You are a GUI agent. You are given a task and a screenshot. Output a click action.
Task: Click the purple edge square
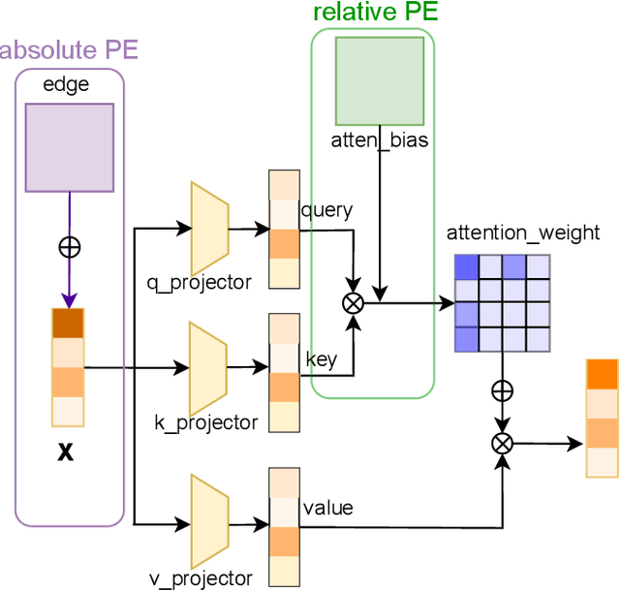(69, 145)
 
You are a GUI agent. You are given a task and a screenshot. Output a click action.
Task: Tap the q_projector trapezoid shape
(209, 229)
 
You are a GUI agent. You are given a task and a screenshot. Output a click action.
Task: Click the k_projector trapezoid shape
(209, 368)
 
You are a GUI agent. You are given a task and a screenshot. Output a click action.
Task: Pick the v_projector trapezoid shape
(209, 521)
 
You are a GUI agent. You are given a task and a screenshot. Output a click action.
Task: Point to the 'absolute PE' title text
(69, 50)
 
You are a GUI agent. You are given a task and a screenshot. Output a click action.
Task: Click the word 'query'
(326, 210)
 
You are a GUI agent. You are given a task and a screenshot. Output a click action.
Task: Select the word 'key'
(321, 360)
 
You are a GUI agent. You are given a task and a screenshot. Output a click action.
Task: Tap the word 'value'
(327, 507)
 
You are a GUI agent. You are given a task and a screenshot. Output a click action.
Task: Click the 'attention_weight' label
(522, 233)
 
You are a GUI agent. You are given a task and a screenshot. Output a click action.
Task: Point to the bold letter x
(66, 451)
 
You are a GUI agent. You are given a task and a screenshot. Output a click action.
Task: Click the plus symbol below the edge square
(69, 246)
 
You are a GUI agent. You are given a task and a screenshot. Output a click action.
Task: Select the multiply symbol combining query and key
(353, 303)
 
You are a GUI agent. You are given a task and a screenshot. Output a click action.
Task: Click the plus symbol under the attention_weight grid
(502, 390)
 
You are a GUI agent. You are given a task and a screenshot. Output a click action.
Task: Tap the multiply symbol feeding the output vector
(502, 443)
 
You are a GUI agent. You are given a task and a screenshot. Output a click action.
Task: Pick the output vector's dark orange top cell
(602, 374)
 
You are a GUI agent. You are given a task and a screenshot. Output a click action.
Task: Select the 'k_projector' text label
(206, 422)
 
